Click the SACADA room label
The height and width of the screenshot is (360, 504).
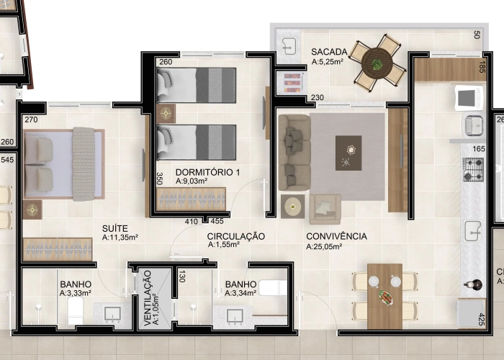click(329, 52)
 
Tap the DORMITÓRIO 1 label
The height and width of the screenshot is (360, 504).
click(208, 173)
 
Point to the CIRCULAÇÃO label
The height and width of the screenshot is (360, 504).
click(236, 236)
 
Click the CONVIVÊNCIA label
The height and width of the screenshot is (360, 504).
click(336, 236)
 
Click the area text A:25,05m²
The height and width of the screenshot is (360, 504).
click(324, 246)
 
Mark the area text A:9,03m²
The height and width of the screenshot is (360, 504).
click(192, 182)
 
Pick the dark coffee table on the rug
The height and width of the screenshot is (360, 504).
click(348, 153)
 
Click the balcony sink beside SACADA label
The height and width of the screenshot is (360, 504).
click(290, 45)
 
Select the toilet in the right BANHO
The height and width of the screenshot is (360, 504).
click(273, 289)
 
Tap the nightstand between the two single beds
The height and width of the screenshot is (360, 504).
click(167, 113)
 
